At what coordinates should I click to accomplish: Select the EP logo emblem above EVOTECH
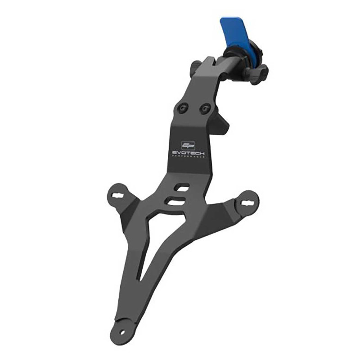click(x=186, y=145)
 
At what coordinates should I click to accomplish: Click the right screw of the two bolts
click(x=206, y=108)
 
